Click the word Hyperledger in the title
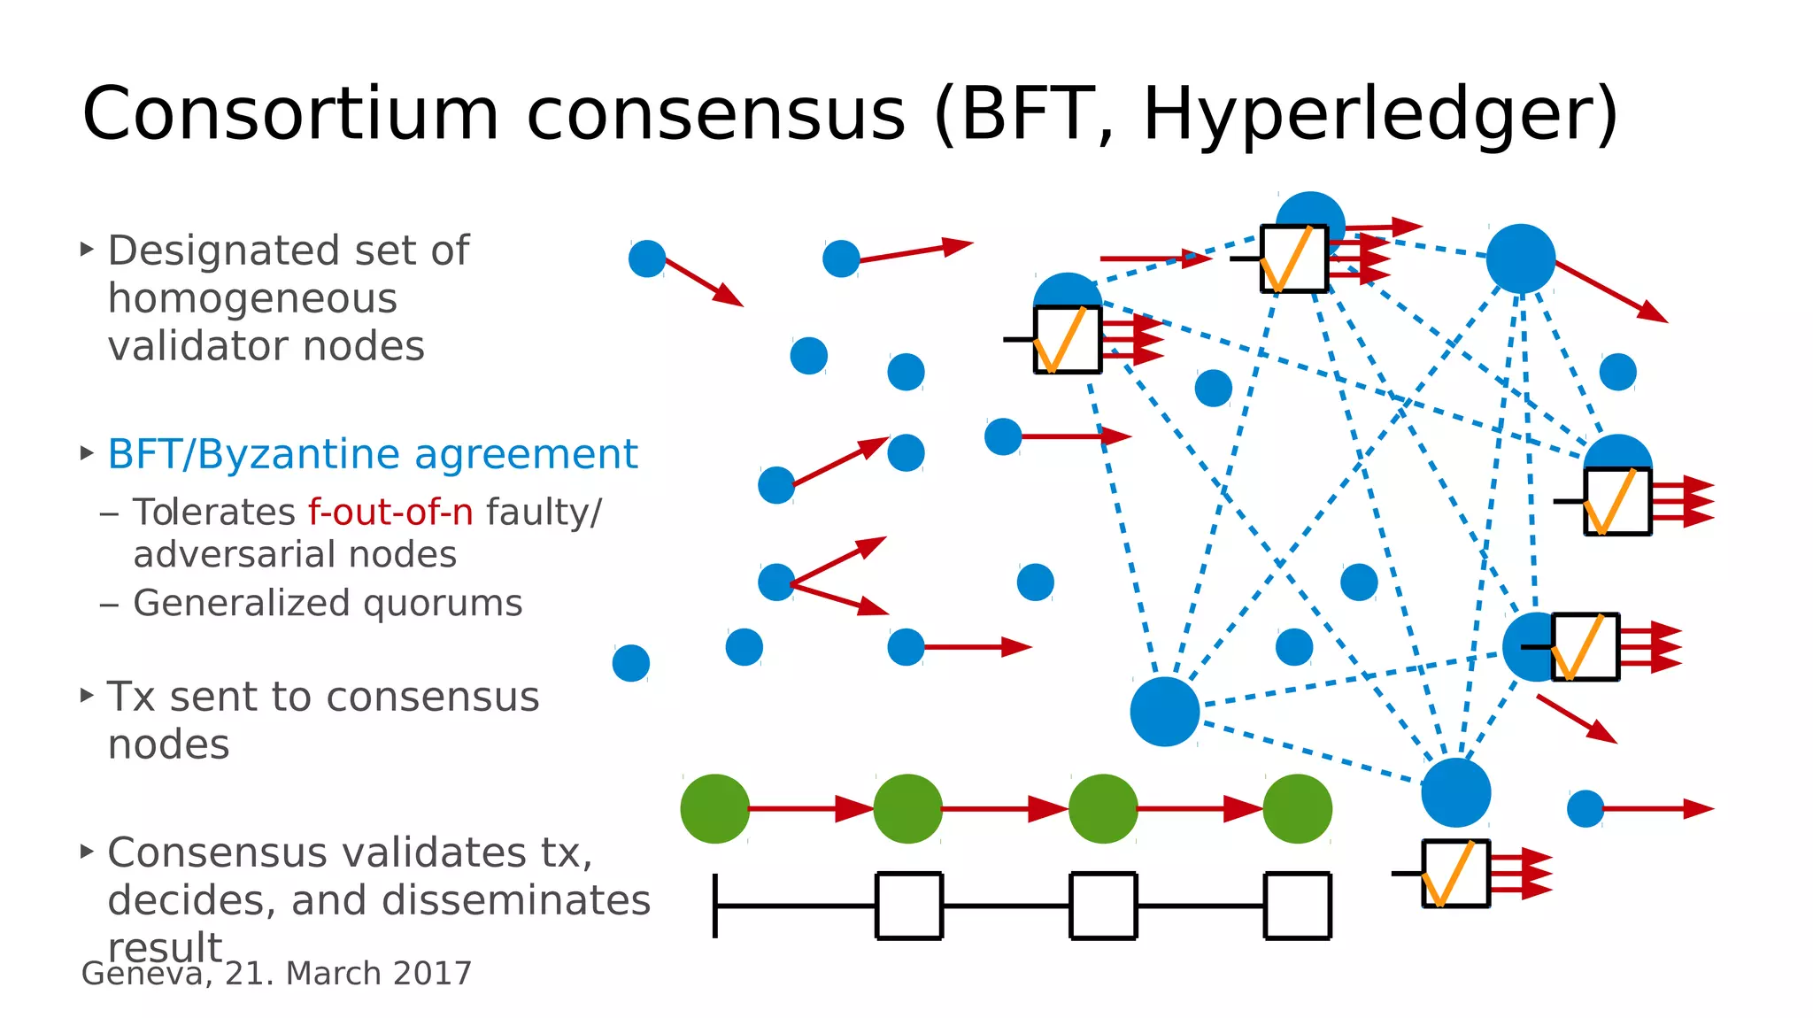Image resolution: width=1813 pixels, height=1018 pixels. (x=1368, y=115)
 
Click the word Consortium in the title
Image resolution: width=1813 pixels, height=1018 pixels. (x=290, y=115)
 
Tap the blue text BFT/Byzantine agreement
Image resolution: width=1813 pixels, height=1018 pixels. (x=372, y=455)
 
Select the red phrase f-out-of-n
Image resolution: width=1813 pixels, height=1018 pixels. (x=390, y=513)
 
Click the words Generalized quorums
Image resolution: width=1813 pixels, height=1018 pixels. (x=328, y=604)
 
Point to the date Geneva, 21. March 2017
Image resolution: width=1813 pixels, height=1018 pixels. (x=276, y=974)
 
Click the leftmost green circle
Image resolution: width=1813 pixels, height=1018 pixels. (x=714, y=808)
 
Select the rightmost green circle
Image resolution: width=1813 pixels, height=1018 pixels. (x=1297, y=808)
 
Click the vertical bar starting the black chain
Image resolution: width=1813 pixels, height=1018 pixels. (x=715, y=905)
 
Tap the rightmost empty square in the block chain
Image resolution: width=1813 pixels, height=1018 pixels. (x=1297, y=905)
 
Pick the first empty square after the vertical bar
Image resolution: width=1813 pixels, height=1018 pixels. (x=909, y=905)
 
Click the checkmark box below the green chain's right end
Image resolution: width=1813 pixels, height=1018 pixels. (x=1455, y=874)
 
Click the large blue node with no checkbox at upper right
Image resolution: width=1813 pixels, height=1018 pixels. (x=1520, y=258)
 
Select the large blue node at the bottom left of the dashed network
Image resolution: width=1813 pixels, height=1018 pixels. (x=1164, y=712)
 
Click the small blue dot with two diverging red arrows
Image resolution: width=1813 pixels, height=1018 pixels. (x=776, y=582)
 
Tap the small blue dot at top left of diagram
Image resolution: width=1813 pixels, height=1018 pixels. (x=647, y=258)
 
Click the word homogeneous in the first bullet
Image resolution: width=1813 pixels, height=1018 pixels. (x=252, y=299)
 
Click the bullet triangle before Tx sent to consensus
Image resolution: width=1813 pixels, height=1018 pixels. (x=87, y=696)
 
